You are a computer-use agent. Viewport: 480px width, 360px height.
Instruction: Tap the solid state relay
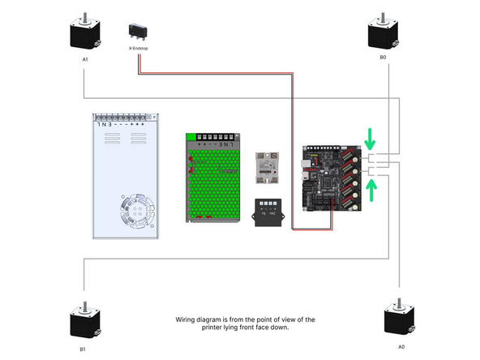point(266,169)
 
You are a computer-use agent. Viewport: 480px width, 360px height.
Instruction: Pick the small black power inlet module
point(268,212)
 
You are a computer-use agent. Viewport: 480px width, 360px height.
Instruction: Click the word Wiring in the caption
point(186,320)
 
